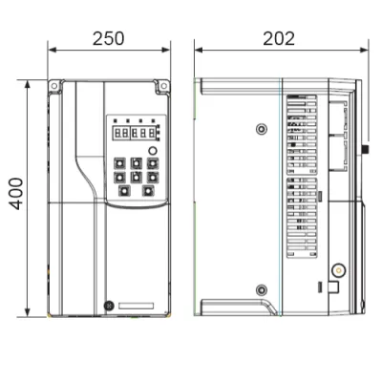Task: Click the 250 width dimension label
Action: pyautogui.click(x=109, y=38)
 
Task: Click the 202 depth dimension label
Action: pyautogui.click(x=279, y=38)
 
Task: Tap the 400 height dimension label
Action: pyautogui.click(x=16, y=194)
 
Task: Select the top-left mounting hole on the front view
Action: pyautogui.click(x=54, y=86)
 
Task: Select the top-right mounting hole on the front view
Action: pyautogui.click(x=163, y=86)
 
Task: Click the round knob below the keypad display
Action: pyautogui.click(x=153, y=151)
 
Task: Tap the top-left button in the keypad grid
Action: pyautogui.click(x=119, y=163)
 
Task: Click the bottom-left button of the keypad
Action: pyautogui.click(x=124, y=191)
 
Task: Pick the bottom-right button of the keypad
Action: pyautogui.click(x=148, y=191)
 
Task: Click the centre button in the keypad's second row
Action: pyautogui.click(x=137, y=177)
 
